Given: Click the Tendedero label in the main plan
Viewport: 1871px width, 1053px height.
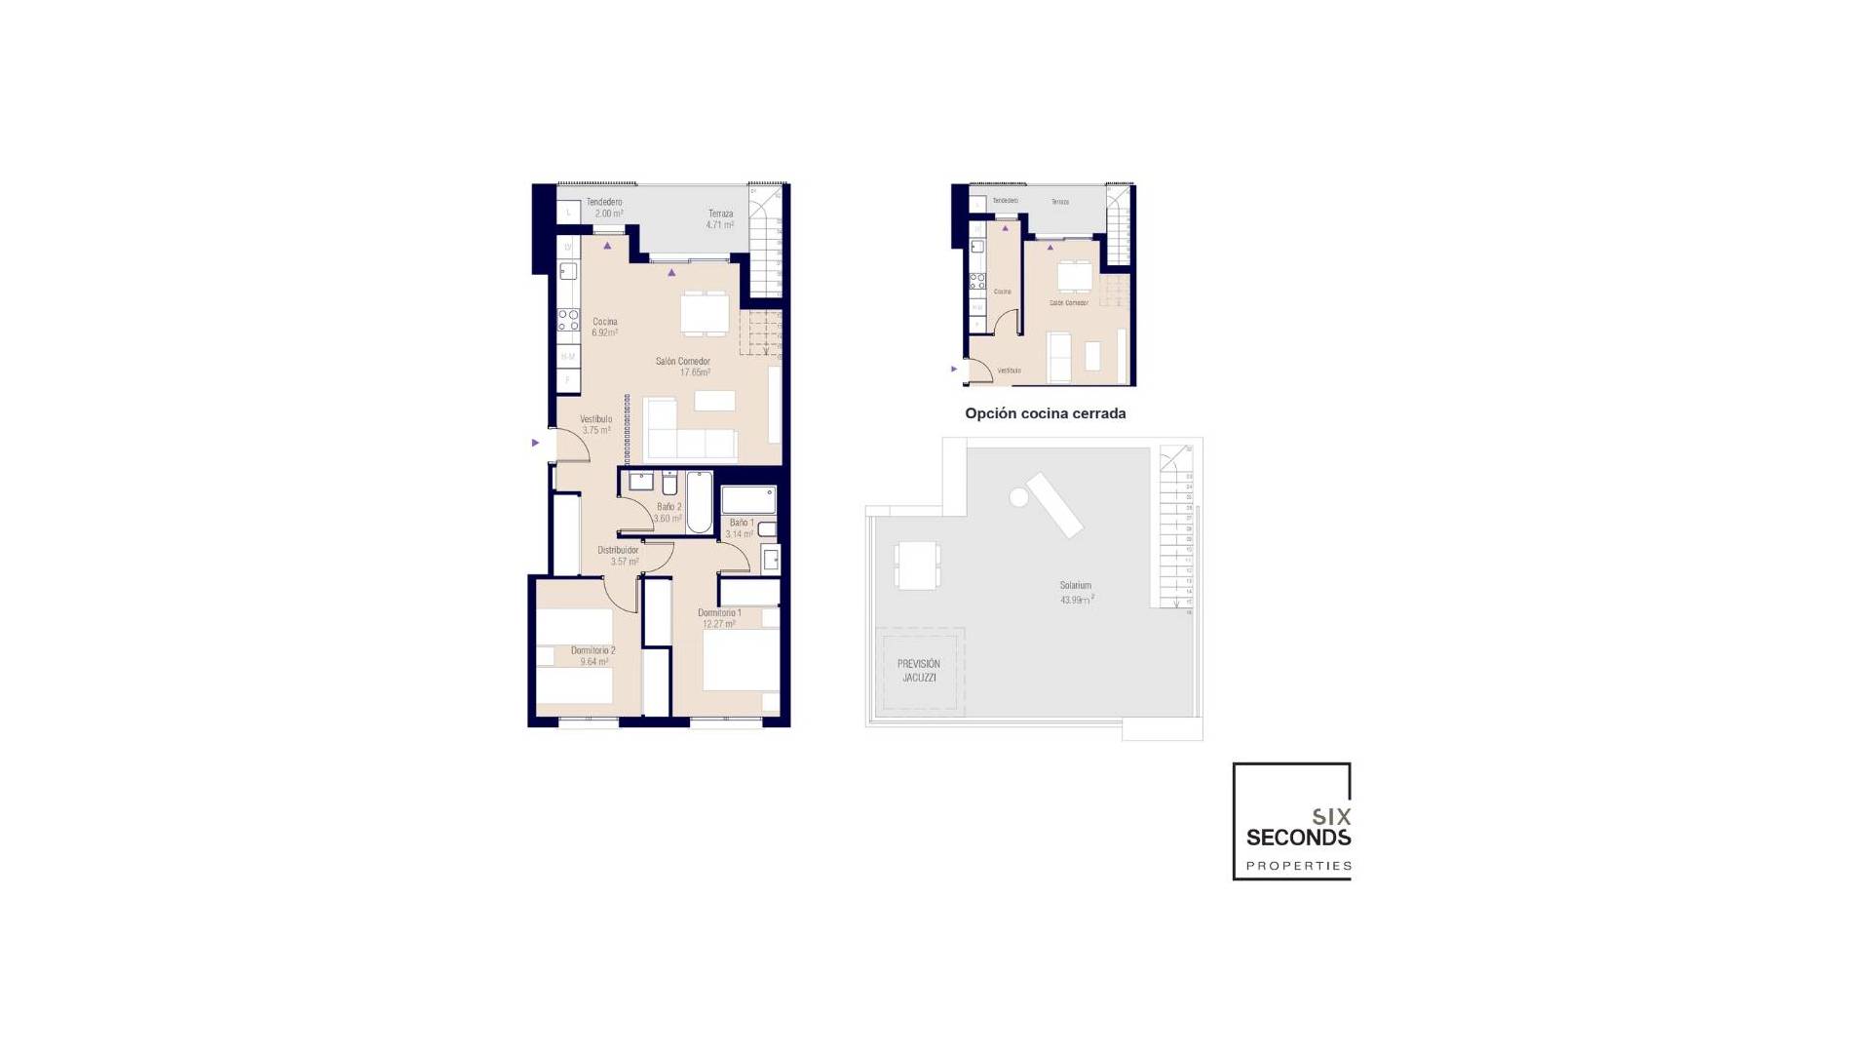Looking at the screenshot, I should pos(604,202).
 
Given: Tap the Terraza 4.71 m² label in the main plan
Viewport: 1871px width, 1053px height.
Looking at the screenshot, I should pos(720,219).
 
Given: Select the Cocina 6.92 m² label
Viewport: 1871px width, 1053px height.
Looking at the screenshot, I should pos(604,327).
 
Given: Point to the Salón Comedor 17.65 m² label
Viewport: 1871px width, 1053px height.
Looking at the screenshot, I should pos(682,367).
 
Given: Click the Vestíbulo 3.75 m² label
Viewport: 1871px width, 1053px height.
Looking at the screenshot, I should pos(595,424).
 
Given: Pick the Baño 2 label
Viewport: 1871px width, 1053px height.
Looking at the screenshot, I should pos(668,512).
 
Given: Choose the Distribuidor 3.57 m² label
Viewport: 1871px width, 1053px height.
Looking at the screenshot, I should pos(618,556).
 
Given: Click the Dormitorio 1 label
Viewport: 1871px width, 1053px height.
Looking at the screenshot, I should pos(719,618).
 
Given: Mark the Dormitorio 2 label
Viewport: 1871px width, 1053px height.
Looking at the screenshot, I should pos(592,655).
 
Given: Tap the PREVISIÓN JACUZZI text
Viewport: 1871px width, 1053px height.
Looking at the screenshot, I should pos(919,671).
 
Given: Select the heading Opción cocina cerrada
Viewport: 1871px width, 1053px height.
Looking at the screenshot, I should pos(1045,413).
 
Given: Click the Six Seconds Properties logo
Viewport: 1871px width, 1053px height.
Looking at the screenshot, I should pos(1292,822).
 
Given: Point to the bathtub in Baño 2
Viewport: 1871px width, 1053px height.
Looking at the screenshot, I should pos(699,502).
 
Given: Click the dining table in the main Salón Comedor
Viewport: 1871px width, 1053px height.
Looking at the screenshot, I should pos(705,313).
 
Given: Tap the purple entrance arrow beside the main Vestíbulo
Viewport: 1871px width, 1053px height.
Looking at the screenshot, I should pos(535,443).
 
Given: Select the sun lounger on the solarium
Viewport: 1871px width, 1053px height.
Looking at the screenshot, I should pos(1053,504).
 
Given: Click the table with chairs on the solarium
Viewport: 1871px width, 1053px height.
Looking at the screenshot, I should pos(918,565).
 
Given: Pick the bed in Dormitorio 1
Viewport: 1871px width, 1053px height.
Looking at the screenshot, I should pos(741,660).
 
